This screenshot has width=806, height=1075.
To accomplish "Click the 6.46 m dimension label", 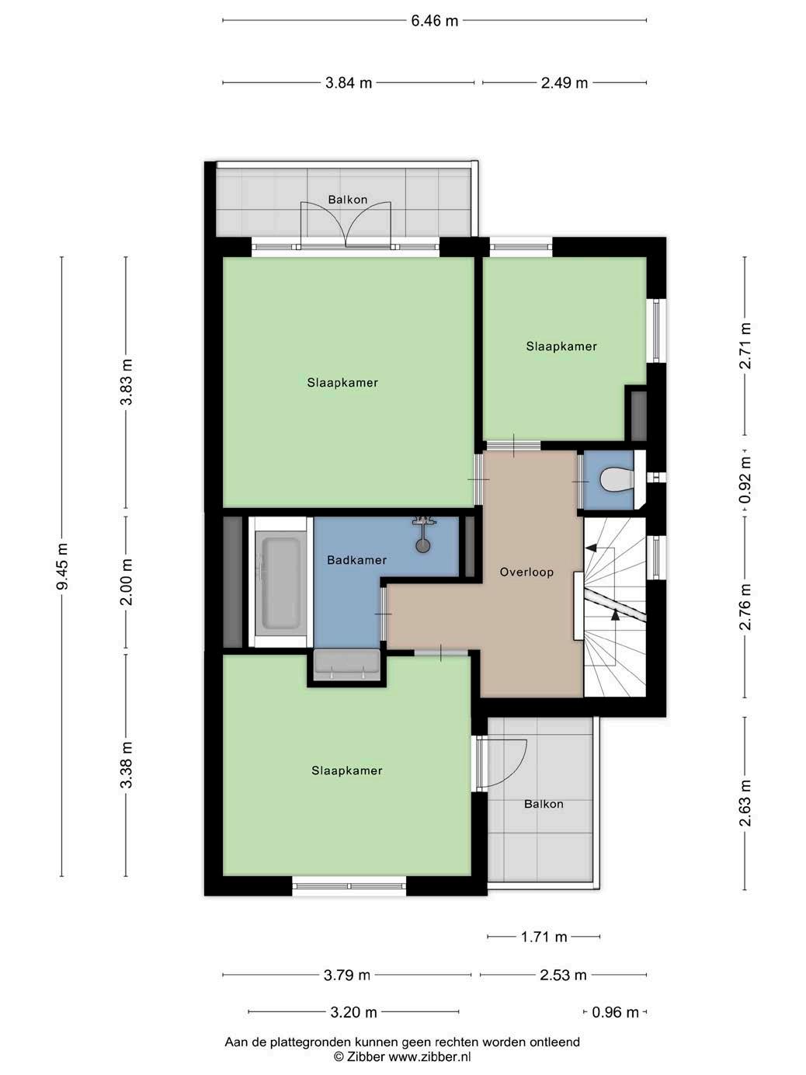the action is pos(434,20).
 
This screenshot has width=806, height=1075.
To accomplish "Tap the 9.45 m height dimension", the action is pos(62,566).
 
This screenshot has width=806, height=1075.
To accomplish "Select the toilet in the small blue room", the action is pos(618,480).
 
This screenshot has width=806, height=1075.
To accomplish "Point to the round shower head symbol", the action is pos(422,545).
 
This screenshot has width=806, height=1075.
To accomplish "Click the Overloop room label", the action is pos(526,572).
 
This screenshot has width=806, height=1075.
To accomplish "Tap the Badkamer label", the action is pos(356,560).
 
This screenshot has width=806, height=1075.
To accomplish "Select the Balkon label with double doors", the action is pos(347,200).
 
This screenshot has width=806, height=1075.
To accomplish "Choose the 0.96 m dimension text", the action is pos(615,1012).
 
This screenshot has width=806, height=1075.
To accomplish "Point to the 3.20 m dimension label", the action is pos(353,1012).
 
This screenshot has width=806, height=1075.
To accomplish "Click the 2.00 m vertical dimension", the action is pos(127,582).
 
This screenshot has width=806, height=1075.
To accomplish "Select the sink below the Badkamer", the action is pos(346,664).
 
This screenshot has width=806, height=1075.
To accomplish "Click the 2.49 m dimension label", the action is pos(564,83).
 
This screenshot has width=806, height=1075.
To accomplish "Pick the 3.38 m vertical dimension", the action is pos(127,766).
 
